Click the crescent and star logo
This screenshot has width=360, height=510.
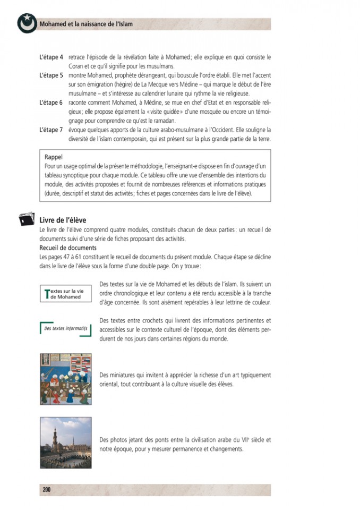[25, 23]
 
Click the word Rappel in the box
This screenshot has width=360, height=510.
[54, 157]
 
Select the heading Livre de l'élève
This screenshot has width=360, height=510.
[63, 220]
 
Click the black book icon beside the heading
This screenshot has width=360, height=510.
[25, 220]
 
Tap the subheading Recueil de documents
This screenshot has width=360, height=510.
[68, 248]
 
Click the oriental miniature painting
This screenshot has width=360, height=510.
[65, 379]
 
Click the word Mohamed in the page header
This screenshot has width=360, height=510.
[54, 24]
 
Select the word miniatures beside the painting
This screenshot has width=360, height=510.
[125, 375]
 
